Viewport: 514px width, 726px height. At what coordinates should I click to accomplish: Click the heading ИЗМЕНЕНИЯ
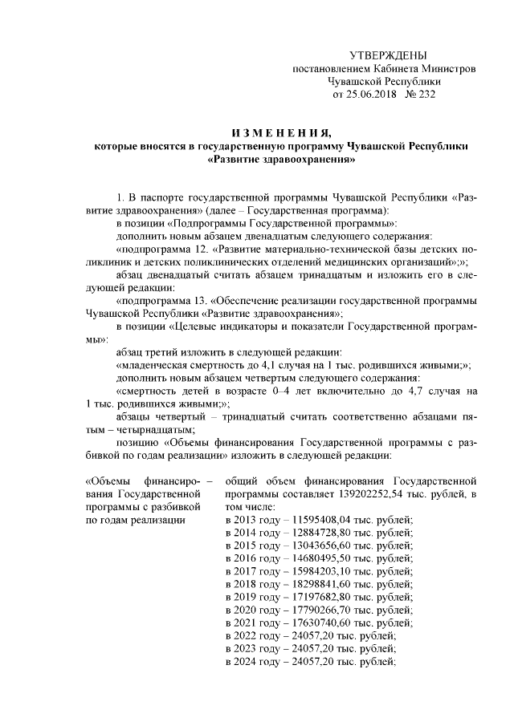[x=280, y=132]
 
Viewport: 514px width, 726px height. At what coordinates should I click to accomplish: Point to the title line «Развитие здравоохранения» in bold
[x=280, y=160]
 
